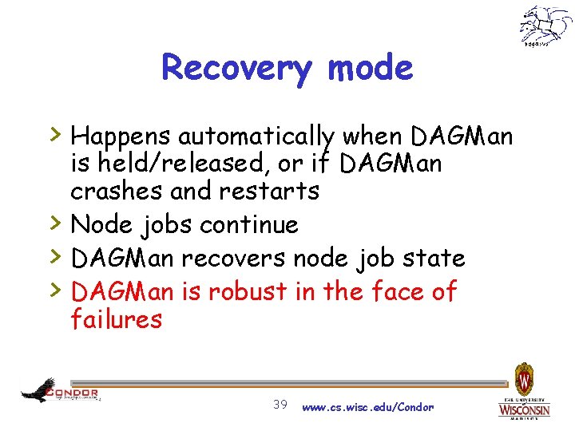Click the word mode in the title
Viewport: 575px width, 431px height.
370,68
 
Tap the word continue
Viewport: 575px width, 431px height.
249,225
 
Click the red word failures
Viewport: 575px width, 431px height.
116,320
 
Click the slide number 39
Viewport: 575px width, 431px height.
280,405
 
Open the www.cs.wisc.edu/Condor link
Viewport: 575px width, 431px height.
367,407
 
